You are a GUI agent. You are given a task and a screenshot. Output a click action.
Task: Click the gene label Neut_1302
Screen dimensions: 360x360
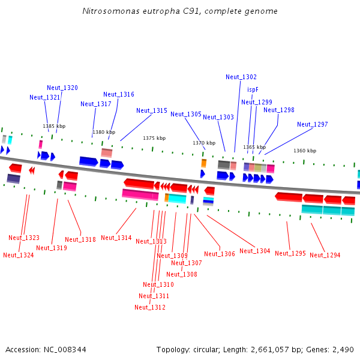(x=241, y=77)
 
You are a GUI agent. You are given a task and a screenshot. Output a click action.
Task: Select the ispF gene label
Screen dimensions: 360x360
(x=253, y=89)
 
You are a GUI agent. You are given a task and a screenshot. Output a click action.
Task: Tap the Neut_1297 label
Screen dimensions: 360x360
(x=313, y=124)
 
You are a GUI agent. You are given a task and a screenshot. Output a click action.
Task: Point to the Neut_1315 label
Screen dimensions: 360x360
(x=152, y=110)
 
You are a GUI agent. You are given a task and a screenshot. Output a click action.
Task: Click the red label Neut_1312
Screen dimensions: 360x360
(x=150, y=307)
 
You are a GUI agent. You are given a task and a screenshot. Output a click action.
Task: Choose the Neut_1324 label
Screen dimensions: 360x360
(x=19, y=255)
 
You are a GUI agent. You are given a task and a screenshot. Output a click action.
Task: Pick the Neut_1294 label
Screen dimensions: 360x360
(x=325, y=255)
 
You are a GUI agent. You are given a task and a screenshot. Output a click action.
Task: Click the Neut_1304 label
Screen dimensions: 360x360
(x=255, y=251)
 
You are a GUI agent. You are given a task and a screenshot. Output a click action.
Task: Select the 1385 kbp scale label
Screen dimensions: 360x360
(x=54, y=126)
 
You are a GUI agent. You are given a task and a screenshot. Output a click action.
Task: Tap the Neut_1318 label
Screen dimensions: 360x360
(x=80, y=239)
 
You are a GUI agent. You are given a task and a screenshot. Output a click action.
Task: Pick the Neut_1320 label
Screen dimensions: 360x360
(x=62, y=88)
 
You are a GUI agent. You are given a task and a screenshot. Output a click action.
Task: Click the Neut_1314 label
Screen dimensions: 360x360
(x=116, y=238)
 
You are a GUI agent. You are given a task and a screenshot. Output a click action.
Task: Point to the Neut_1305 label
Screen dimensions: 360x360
(x=186, y=114)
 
